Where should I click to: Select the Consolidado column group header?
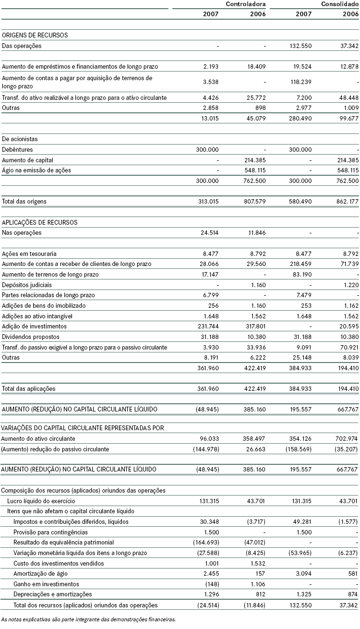coord(339,4)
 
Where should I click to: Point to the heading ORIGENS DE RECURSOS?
coord(35,35)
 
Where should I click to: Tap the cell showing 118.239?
coord(300,82)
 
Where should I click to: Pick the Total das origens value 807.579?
coord(254,202)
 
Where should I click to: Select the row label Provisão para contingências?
coord(51,532)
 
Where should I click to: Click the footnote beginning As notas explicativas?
coord(89,619)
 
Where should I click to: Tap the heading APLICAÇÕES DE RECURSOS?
coord(39,222)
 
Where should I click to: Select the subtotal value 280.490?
coord(300,119)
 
